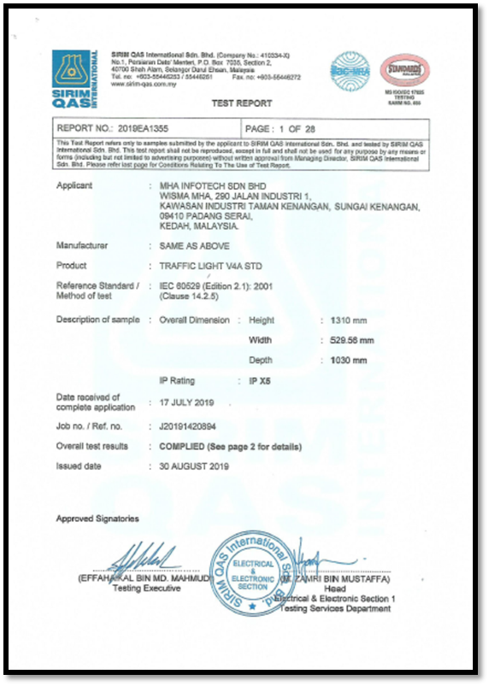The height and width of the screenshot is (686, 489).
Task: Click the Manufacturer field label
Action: [x=82, y=246]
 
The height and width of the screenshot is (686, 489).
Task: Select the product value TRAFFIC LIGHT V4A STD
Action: [x=204, y=267]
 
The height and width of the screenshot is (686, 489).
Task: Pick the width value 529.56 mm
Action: [x=352, y=340]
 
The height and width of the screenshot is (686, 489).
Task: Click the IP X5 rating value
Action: [x=254, y=381]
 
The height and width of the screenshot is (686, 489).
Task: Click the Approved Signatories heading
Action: [x=97, y=519]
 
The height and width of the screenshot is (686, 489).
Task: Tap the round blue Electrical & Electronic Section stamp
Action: [x=253, y=569]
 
